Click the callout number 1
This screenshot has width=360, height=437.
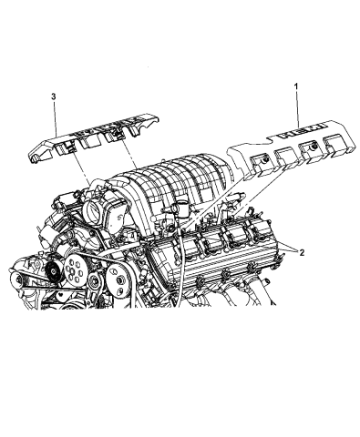297,86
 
